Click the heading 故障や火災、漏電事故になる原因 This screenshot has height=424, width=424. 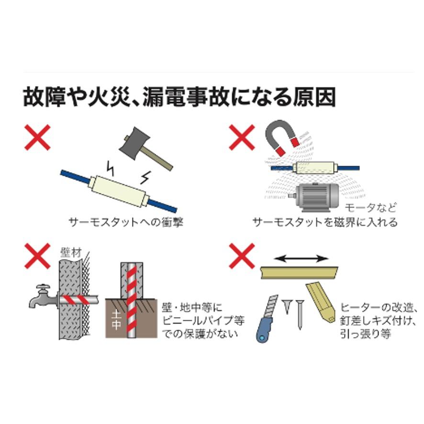pyautogui.click(x=179, y=97)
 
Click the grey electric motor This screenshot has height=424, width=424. pyautogui.click(x=319, y=197)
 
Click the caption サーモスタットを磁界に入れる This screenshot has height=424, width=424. pyautogui.click(x=325, y=223)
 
